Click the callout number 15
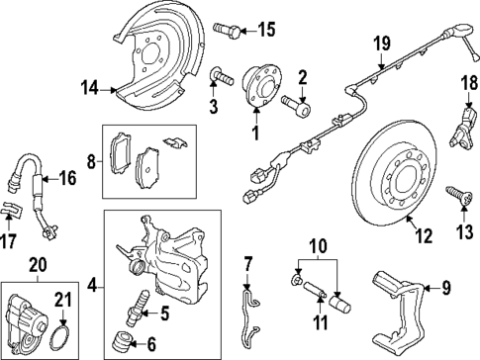tap(266, 30)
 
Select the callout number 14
tap(89, 89)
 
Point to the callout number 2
tap(303, 78)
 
